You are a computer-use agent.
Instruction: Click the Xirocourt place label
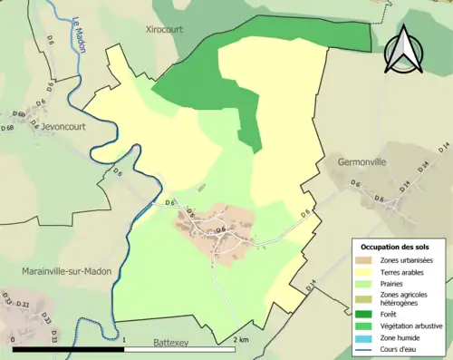click(164, 29)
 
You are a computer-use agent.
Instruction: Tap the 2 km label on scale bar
click(240, 339)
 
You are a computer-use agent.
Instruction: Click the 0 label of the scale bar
click(14, 339)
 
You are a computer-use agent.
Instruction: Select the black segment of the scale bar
click(69, 349)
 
